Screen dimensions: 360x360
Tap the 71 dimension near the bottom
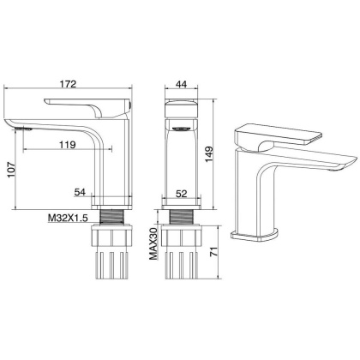225,252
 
